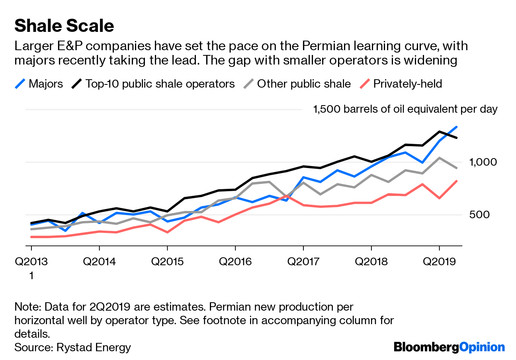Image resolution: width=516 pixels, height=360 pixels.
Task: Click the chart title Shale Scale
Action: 64,26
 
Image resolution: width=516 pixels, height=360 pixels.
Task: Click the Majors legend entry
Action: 45,84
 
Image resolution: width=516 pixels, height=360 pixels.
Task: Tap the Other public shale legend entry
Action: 304,84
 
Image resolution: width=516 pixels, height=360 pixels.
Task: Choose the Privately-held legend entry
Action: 407,84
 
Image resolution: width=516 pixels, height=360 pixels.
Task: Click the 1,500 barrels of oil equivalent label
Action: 405,110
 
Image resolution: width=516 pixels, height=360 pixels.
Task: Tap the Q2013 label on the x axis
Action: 31,262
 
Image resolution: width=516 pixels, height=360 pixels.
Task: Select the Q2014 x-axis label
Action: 100,262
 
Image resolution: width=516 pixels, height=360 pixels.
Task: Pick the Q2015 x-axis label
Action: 167,262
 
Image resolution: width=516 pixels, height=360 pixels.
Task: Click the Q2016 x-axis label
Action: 235,262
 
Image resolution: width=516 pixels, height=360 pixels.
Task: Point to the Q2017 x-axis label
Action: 303,262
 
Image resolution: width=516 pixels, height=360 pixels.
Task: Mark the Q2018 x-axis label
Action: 371,262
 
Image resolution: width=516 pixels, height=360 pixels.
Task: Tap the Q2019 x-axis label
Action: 439,262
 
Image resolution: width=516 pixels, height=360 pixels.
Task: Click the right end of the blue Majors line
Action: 456,127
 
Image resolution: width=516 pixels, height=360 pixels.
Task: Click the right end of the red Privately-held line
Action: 456,181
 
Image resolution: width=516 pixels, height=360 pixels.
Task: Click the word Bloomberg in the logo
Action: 426,347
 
